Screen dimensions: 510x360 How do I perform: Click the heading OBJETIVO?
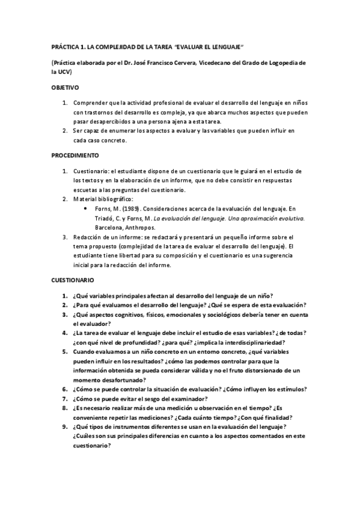pos(65,88)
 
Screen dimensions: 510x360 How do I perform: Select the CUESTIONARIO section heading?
pos(73,280)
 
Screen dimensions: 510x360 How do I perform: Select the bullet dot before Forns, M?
pos(88,209)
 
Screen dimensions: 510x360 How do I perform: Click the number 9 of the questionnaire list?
pos(64,427)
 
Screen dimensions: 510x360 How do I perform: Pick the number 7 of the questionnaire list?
pos(64,398)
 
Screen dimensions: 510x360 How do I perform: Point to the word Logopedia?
pos(288,63)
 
